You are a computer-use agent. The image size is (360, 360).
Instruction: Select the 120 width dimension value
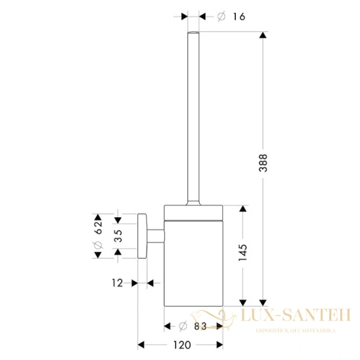tap(183, 344)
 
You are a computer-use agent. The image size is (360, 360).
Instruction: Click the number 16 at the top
tap(238, 17)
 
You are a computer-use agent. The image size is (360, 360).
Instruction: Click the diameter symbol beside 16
tap(221, 17)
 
